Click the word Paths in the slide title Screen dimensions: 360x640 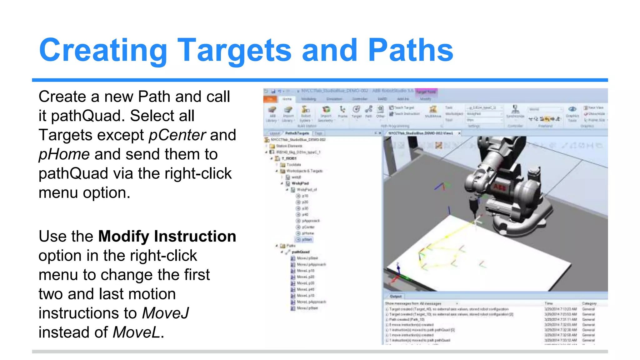tap(410, 50)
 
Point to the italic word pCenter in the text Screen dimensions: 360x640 tap(177, 135)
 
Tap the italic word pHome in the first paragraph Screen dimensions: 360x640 tap(64, 154)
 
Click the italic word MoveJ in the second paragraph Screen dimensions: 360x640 tap(166, 313)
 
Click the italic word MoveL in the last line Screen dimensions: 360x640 tap(137, 332)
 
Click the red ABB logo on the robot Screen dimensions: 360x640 tap(499, 187)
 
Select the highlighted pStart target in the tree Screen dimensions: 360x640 tap(307, 240)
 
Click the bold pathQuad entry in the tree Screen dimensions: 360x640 tap(300, 252)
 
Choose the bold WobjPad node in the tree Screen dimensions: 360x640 tap(300, 183)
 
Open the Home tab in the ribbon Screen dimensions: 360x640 tap(287, 99)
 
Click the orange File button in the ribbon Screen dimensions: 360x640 tap(270, 99)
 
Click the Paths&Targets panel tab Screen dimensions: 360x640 tap(297, 133)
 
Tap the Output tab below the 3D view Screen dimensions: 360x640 tap(396, 296)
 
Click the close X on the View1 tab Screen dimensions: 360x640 tap(459, 133)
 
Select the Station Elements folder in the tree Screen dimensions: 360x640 tap(289, 146)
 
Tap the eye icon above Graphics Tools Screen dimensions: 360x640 tap(572, 109)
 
